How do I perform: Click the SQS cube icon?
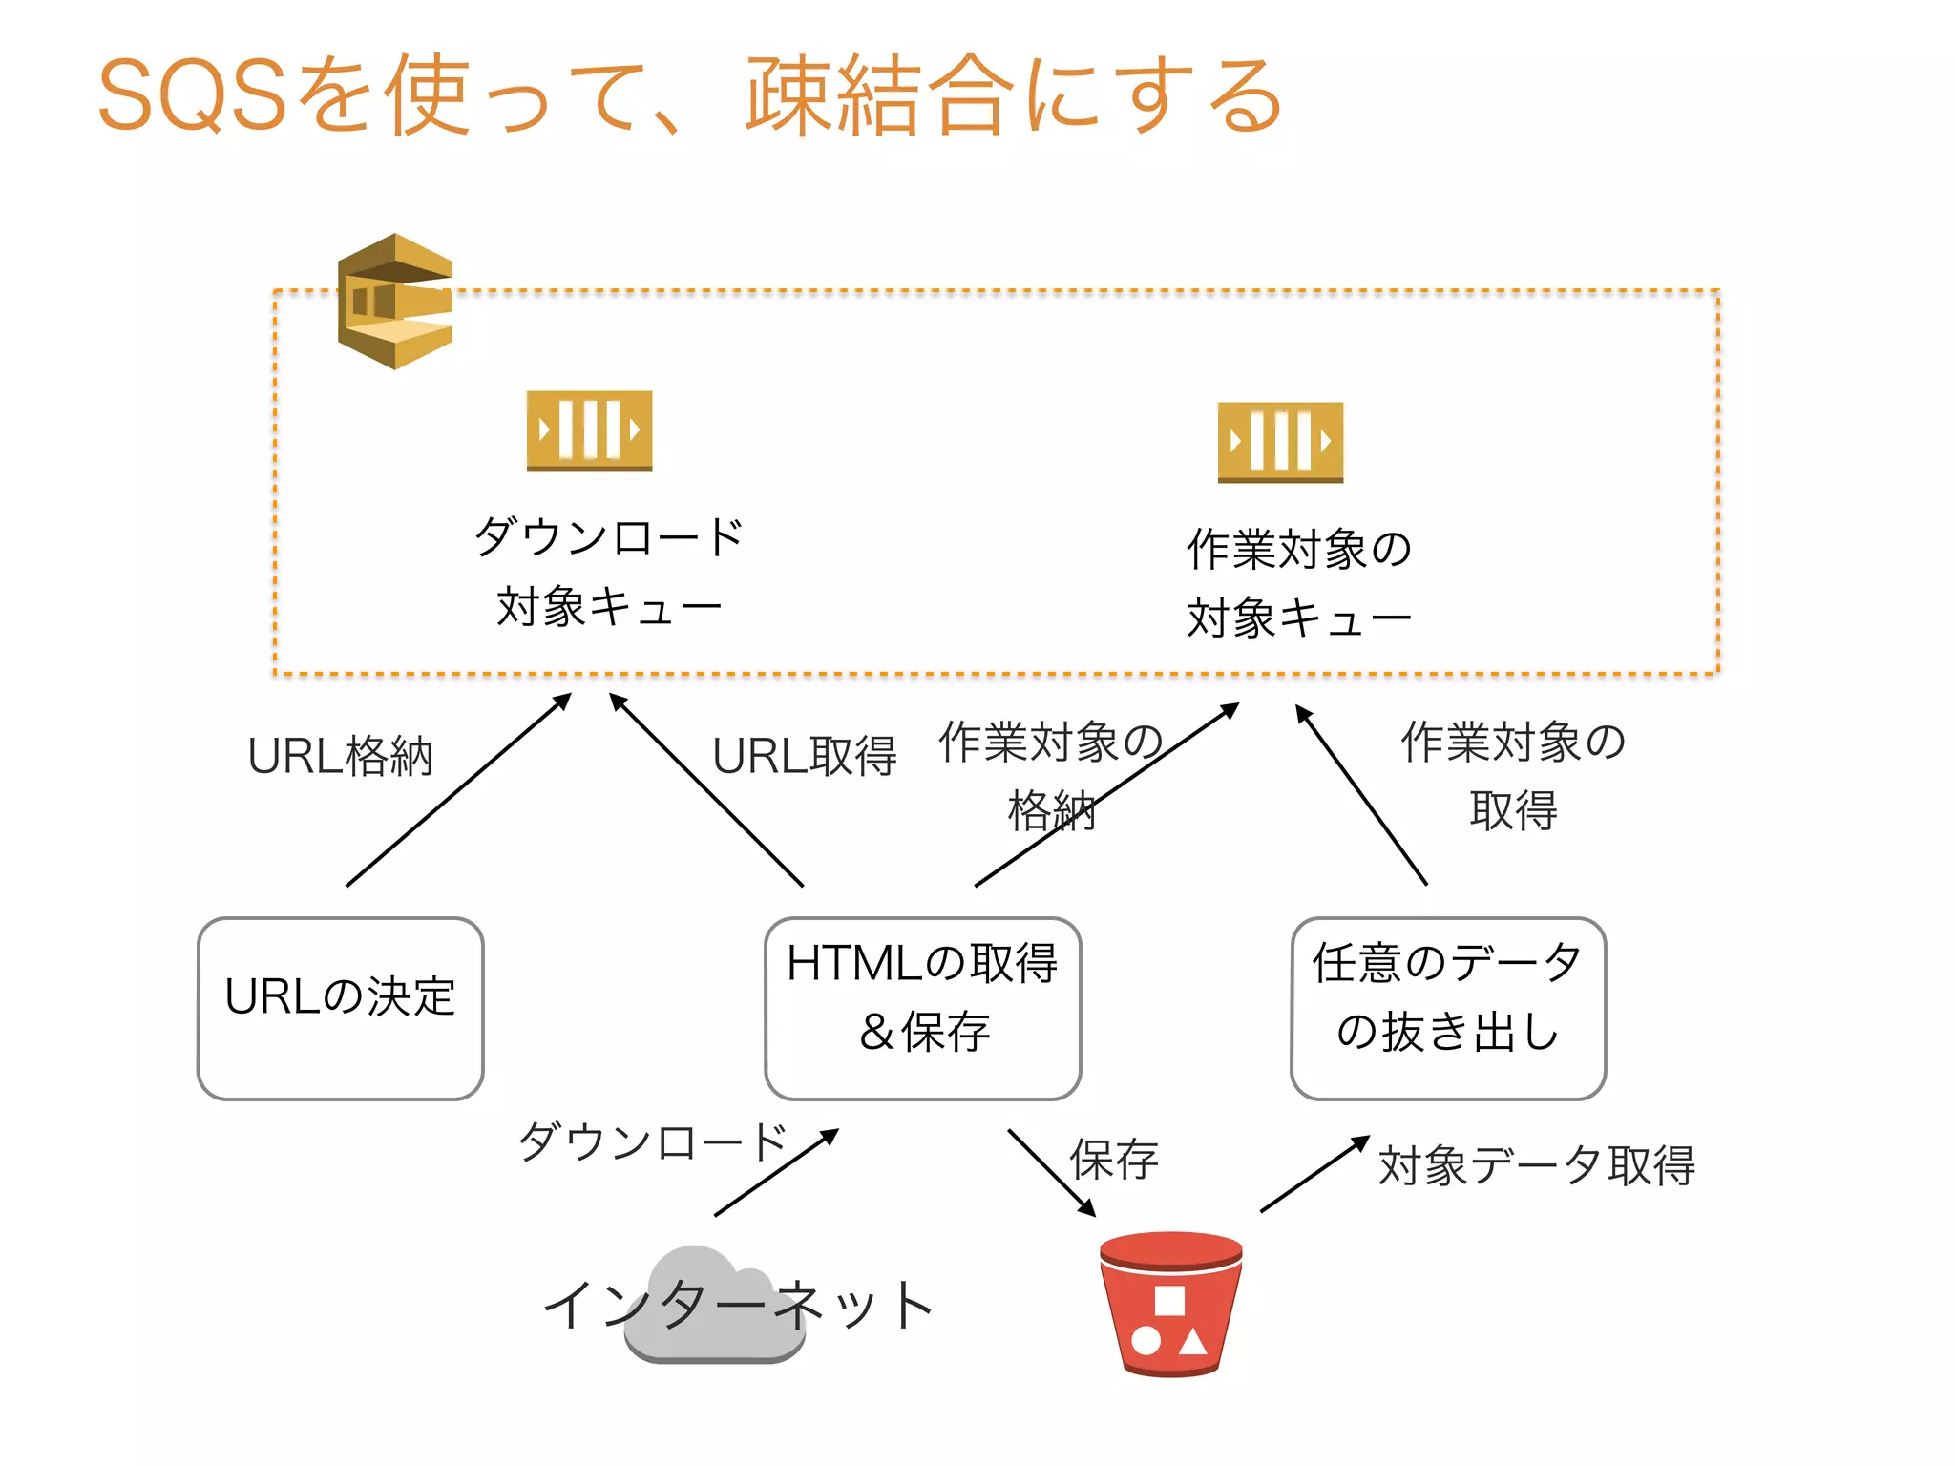click(x=395, y=302)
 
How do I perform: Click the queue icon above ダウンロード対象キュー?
click(x=589, y=430)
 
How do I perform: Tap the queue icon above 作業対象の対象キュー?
click(x=1280, y=442)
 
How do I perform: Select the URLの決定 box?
click(x=341, y=1008)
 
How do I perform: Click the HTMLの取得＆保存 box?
click(x=922, y=1008)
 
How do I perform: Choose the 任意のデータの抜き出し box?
click(x=1448, y=1008)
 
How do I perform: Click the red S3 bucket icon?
click(x=1171, y=1304)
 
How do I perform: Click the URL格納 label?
click(x=341, y=757)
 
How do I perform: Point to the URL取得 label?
click(x=805, y=757)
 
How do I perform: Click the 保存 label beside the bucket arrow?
click(x=1115, y=1161)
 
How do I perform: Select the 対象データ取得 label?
click(x=1537, y=1166)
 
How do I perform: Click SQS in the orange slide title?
click(x=192, y=95)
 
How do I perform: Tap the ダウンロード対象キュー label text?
click(x=609, y=571)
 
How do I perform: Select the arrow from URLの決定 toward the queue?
click(x=458, y=790)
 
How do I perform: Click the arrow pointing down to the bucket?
click(x=1052, y=1173)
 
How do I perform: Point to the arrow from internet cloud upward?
click(x=776, y=1173)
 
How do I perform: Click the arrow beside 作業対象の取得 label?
click(x=1361, y=795)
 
